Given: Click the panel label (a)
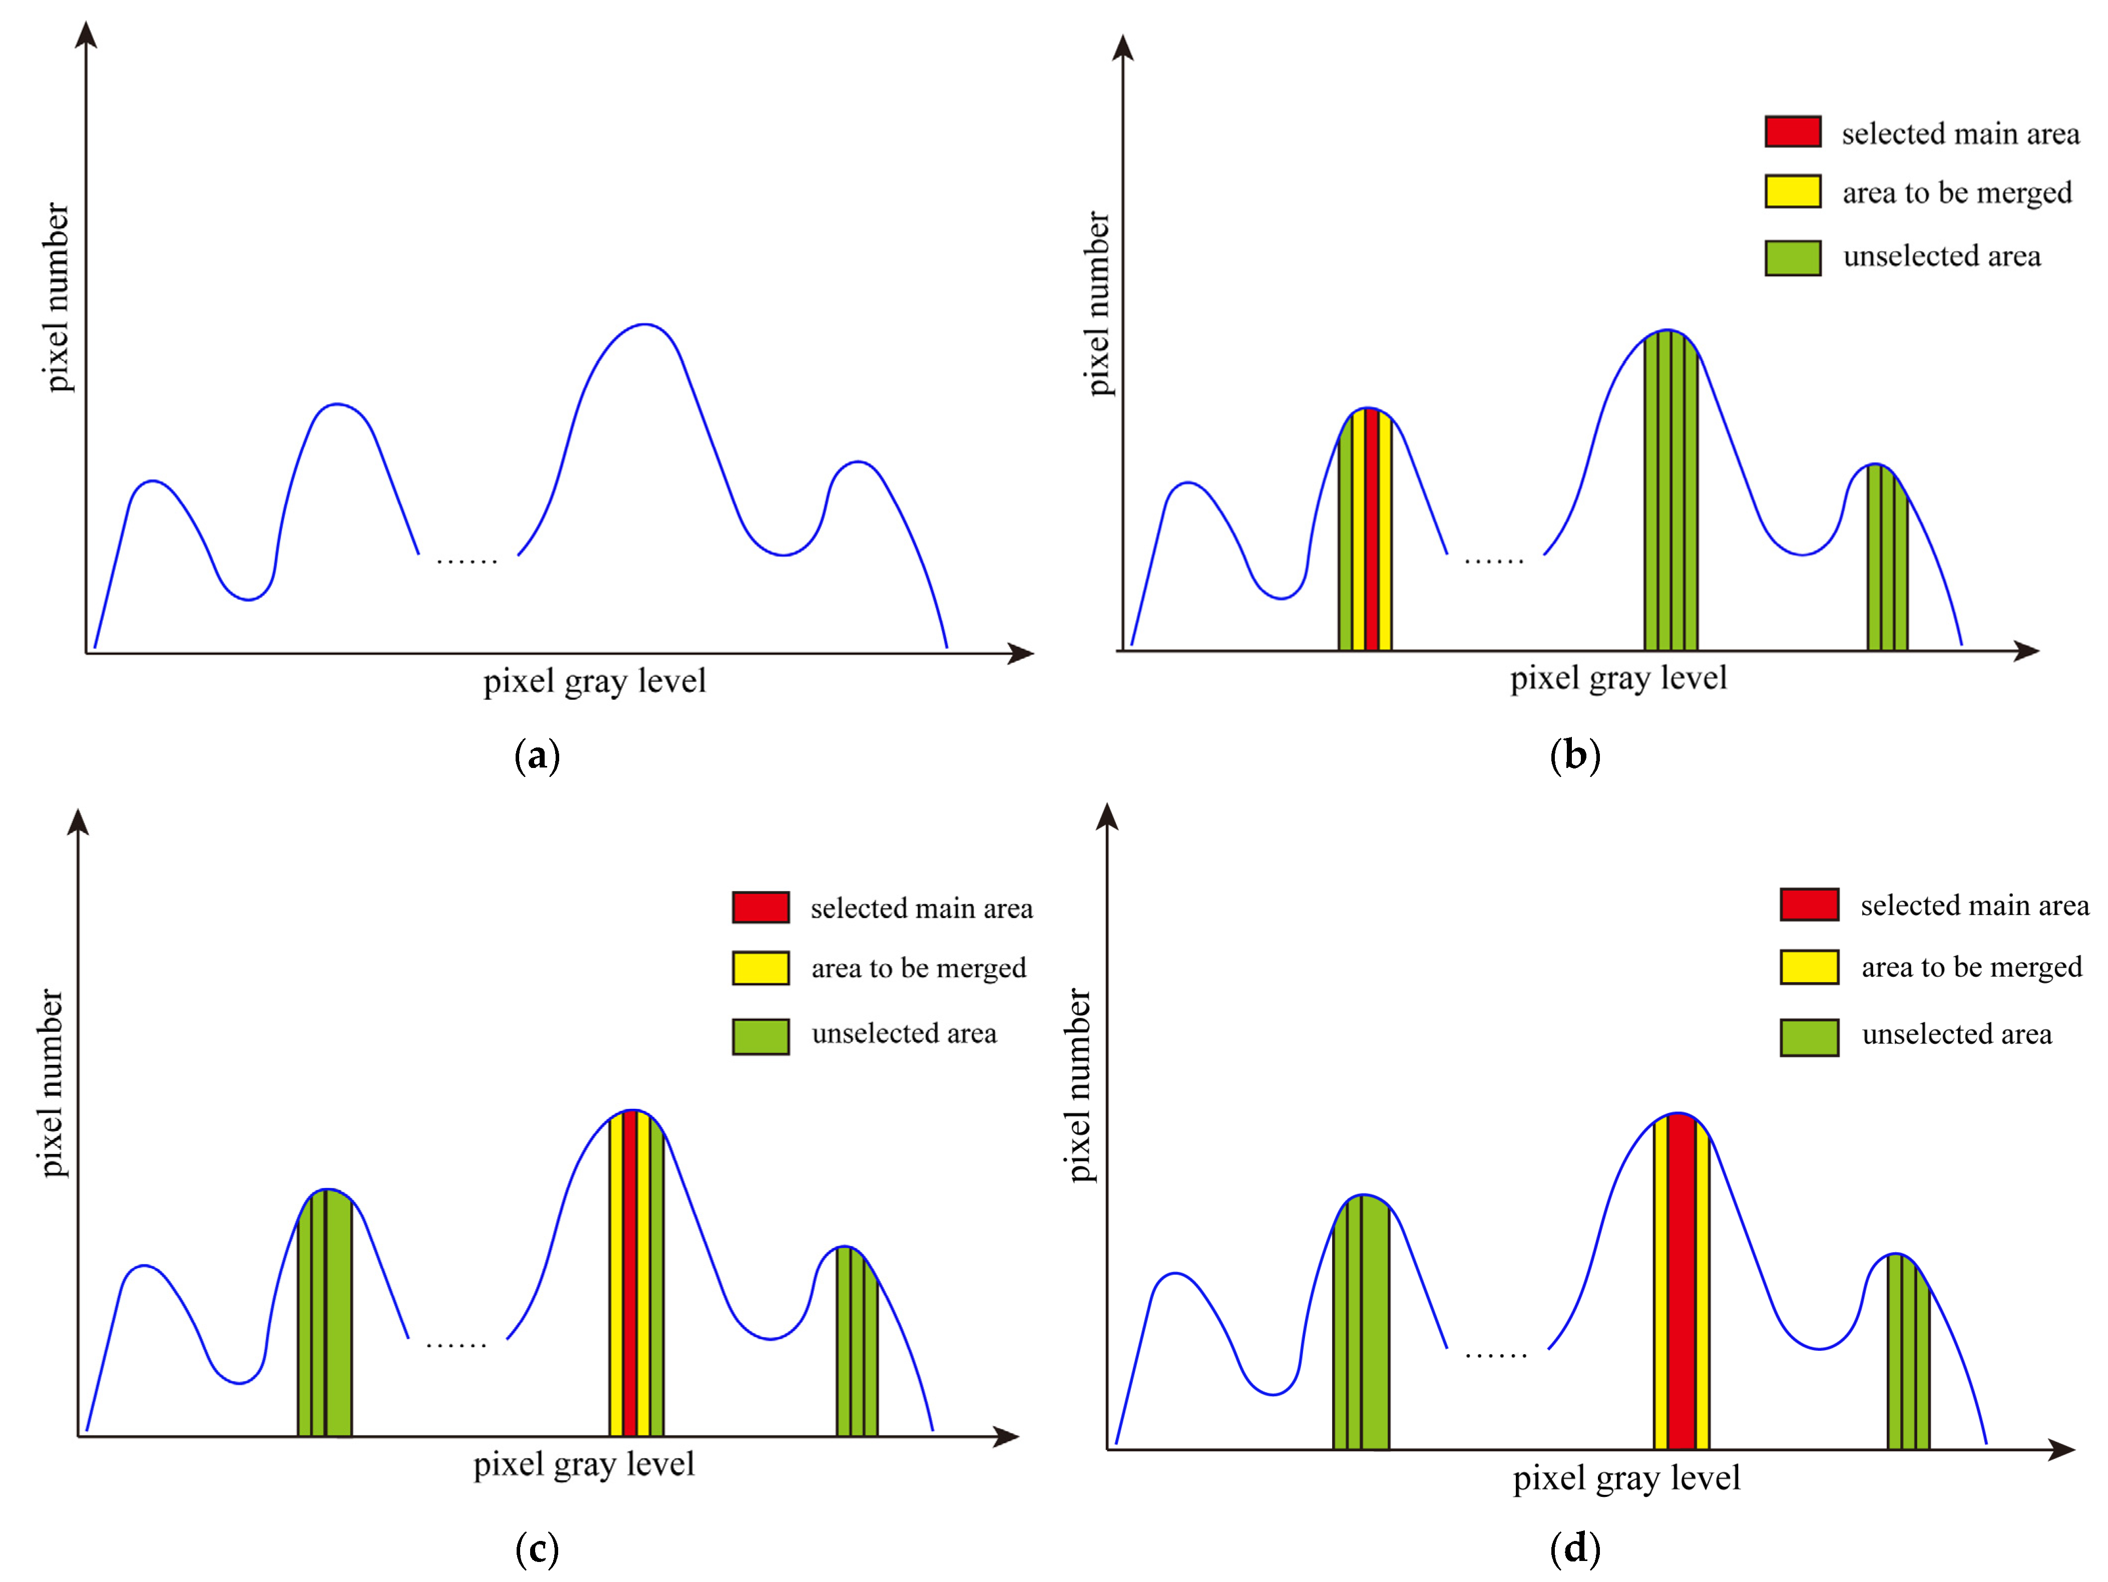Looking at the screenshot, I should [537, 756].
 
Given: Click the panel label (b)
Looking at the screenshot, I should [1574, 756].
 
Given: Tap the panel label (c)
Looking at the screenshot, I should [537, 1548].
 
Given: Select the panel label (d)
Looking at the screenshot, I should [1574, 1548].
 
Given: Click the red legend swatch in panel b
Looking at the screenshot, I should [1793, 132].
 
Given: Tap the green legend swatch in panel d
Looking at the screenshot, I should [1809, 1037].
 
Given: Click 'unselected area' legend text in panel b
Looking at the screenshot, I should [1941, 256].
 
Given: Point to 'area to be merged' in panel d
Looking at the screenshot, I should [1971, 967].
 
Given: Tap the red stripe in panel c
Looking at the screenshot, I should [629, 1277].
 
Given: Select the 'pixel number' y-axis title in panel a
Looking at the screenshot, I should [57, 297].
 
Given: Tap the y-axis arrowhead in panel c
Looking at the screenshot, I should [78, 822].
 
